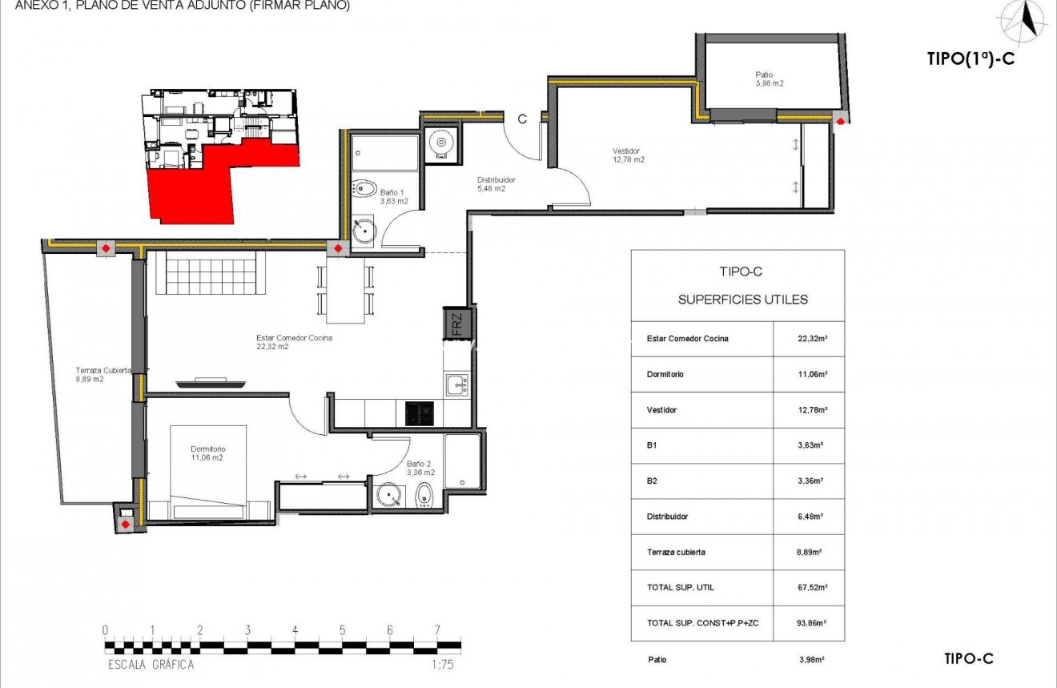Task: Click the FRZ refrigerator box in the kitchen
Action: (x=457, y=324)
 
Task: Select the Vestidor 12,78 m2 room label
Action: (x=627, y=155)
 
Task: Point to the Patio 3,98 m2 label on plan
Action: (x=769, y=78)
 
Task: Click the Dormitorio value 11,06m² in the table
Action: (x=809, y=374)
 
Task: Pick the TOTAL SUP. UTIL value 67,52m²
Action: (x=809, y=587)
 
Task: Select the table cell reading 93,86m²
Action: (x=809, y=622)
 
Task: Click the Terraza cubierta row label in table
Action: (x=676, y=552)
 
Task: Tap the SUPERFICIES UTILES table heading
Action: (x=742, y=300)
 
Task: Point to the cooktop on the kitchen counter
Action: (x=419, y=413)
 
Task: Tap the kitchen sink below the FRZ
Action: (x=456, y=385)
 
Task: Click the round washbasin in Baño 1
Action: (x=365, y=231)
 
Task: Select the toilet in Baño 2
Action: (x=425, y=497)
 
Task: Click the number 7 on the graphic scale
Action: (x=437, y=630)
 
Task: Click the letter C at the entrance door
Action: (x=522, y=119)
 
